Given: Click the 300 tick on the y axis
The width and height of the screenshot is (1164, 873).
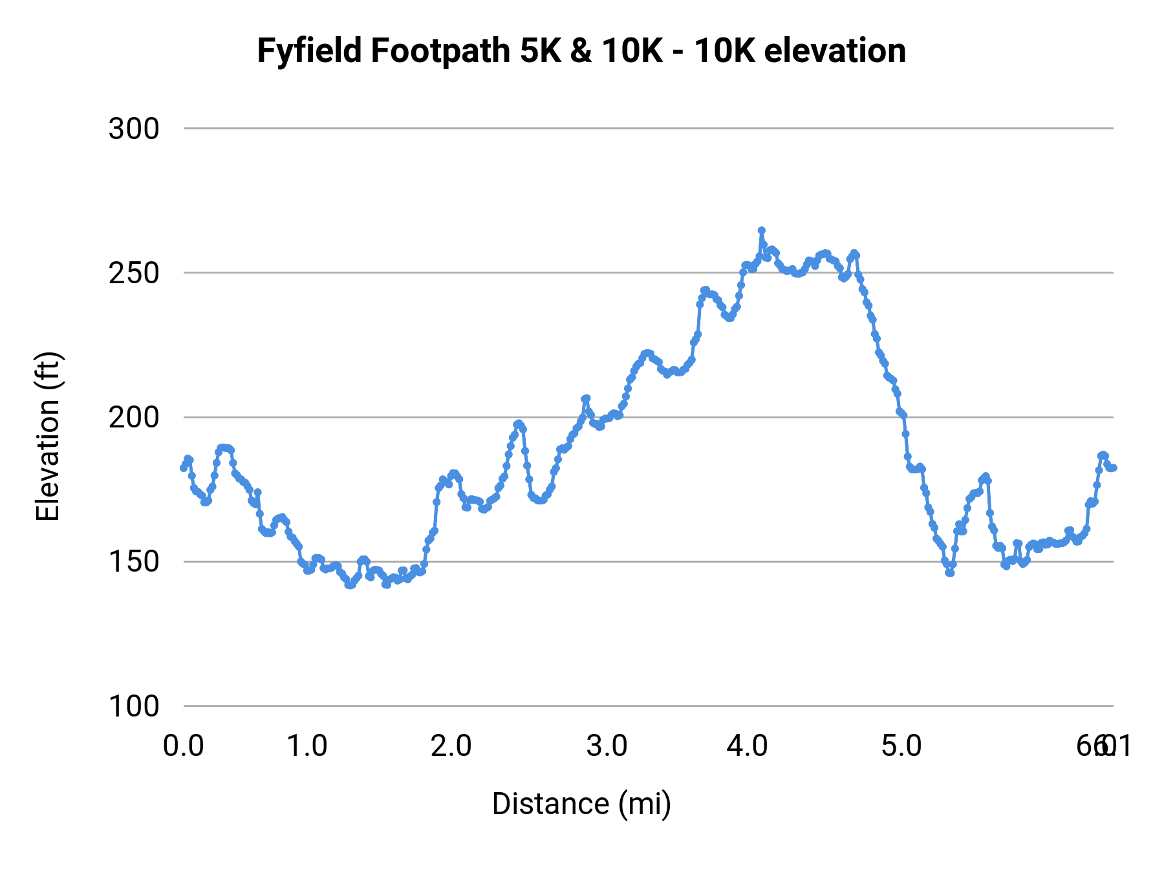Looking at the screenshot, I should [x=134, y=129].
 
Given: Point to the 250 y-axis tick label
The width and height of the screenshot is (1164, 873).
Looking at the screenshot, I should [x=134, y=273].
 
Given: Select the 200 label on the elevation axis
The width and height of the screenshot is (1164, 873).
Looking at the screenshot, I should [x=134, y=417].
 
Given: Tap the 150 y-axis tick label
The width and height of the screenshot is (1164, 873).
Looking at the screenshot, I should [x=134, y=561].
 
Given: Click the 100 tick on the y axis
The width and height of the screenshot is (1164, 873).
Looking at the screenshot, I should [x=134, y=706].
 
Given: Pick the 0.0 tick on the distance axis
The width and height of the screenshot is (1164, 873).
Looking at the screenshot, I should [x=184, y=746].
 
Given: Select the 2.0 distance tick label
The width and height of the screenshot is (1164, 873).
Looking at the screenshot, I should [x=451, y=746].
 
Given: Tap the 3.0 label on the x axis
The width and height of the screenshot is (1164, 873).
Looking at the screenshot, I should [x=607, y=746].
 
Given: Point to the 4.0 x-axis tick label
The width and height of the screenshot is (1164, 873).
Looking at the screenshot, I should [x=747, y=746].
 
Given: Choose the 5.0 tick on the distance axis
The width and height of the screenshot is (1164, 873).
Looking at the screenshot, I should [x=901, y=746].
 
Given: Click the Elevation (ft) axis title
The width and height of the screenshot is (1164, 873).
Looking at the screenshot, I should [x=48, y=436].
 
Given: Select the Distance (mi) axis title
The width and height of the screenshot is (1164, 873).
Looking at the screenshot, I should [x=581, y=804].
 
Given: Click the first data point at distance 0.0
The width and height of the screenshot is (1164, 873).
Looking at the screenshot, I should [x=184, y=468].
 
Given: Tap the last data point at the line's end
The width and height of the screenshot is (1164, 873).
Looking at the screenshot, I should [x=1114, y=468].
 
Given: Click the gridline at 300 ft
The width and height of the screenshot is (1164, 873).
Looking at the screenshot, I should [x=647, y=129].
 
